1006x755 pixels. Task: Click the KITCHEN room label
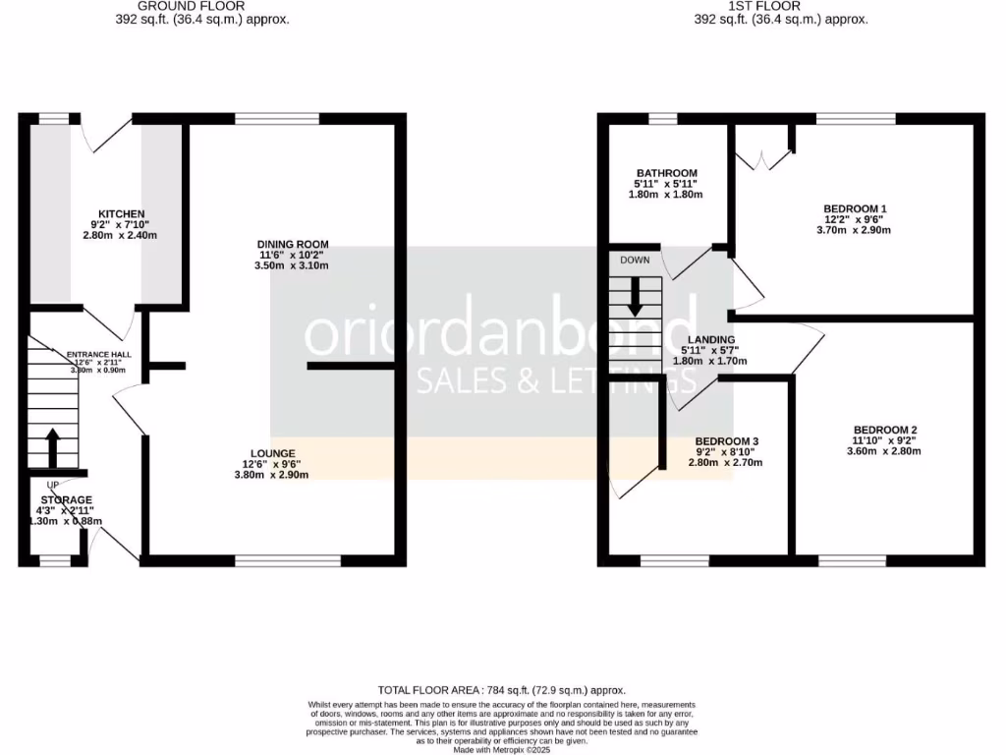[122, 213]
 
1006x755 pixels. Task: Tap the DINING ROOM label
[293, 244]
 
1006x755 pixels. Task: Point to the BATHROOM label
[666, 173]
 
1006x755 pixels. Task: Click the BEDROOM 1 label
[855, 208]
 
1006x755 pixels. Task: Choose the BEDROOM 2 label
[885, 430]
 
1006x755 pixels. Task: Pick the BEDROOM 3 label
[726, 441]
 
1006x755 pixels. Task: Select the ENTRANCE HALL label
[98, 354]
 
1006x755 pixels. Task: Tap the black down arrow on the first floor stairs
[635, 296]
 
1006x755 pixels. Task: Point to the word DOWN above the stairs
[635, 261]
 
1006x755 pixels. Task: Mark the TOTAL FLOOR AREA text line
[502, 690]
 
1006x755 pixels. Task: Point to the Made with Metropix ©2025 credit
[502, 749]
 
